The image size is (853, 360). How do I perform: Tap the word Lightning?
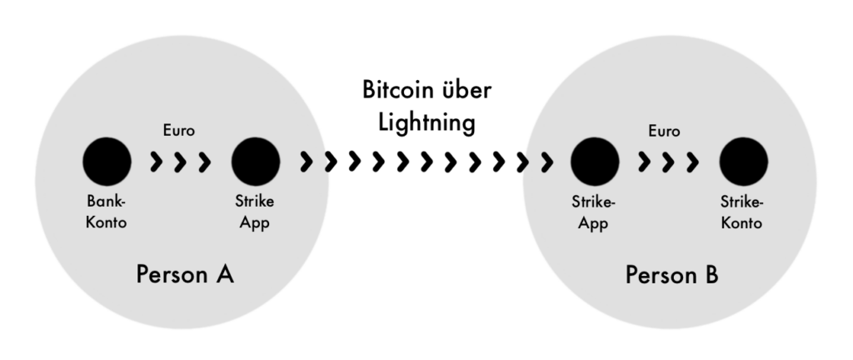coord(426,122)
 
